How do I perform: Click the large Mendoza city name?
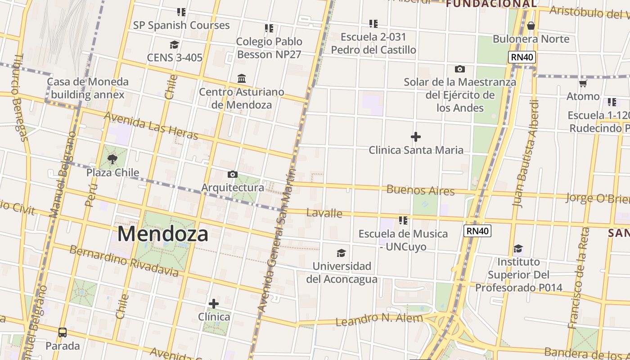[163, 234]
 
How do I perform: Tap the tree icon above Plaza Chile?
[112, 159]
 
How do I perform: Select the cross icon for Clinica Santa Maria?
[416, 137]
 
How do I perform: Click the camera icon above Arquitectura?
[232, 174]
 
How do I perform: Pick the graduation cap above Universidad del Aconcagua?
[342, 253]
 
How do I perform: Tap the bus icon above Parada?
[63, 333]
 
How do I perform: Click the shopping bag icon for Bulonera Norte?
[531, 26]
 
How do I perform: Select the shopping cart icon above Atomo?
[583, 83]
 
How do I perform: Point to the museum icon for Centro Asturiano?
[242, 79]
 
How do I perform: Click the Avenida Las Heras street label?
[151, 126]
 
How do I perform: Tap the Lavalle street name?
[324, 213]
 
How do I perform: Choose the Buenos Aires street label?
[420, 190]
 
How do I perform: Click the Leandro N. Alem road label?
[379, 319]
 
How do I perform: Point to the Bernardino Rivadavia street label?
[124, 261]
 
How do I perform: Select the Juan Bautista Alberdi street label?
[526, 153]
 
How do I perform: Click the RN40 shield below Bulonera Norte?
[522, 57]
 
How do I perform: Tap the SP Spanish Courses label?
[181, 25]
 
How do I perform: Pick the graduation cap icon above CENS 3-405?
[174, 45]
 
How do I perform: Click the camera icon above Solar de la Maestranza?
[459, 69]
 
